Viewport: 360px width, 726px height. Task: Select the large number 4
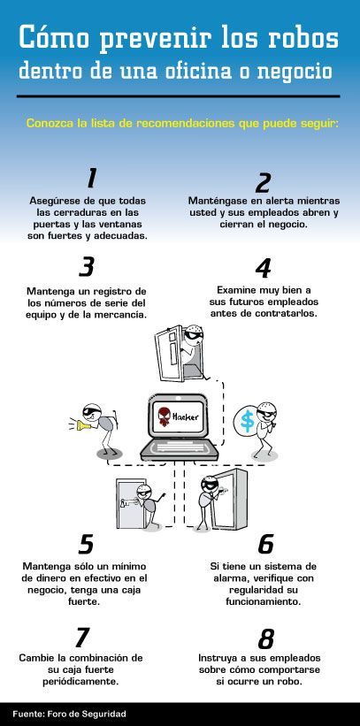(263, 268)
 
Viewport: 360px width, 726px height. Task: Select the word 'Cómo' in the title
(53, 38)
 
